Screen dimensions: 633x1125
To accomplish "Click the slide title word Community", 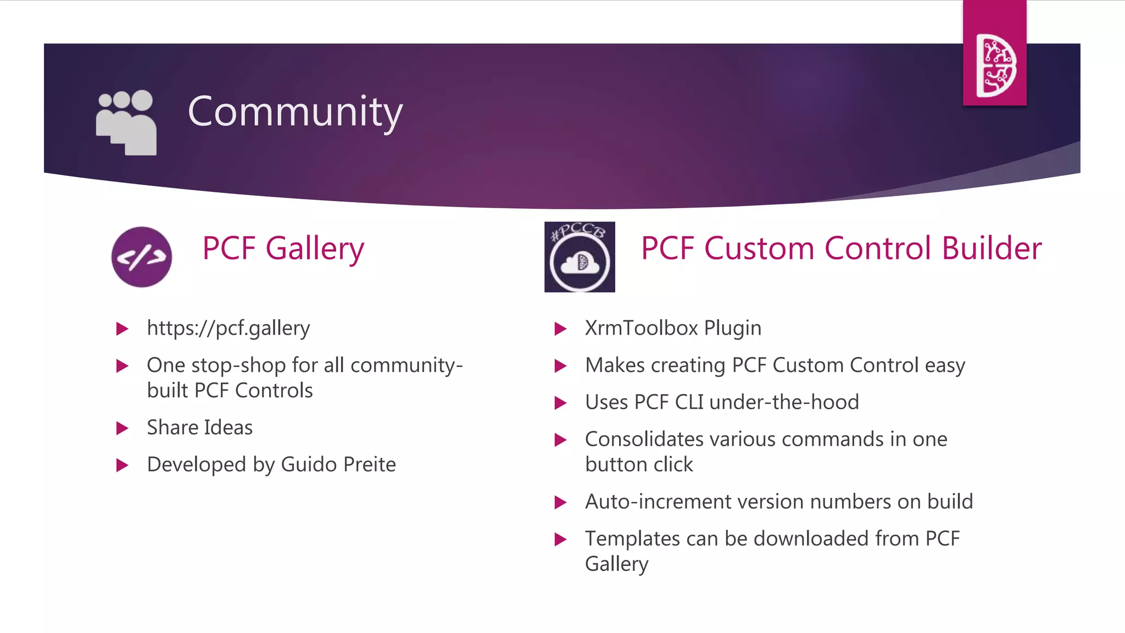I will pyautogui.click(x=295, y=112).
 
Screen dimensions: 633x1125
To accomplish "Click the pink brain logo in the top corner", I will pyautogui.click(x=995, y=65).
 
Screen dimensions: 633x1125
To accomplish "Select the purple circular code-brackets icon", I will pyautogui.click(x=142, y=257).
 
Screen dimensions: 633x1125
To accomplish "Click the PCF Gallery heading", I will pyautogui.click(x=283, y=248).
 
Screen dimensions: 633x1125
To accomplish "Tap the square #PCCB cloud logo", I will pyautogui.click(x=580, y=257).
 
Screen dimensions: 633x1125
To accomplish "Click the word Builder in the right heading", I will pyautogui.click(x=992, y=248).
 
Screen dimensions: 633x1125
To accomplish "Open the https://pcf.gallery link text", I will pyautogui.click(x=229, y=328).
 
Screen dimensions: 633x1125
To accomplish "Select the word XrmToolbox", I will pyautogui.click(x=641, y=328).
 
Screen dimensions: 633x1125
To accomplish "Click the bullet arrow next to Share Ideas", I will pyautogui.click(x=122, y=428).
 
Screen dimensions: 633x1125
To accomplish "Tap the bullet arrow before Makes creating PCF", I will pyautogui.click(x=560, y=366).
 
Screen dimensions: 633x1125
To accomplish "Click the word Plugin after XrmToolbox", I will pyautogui.click(x=733, y=329).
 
